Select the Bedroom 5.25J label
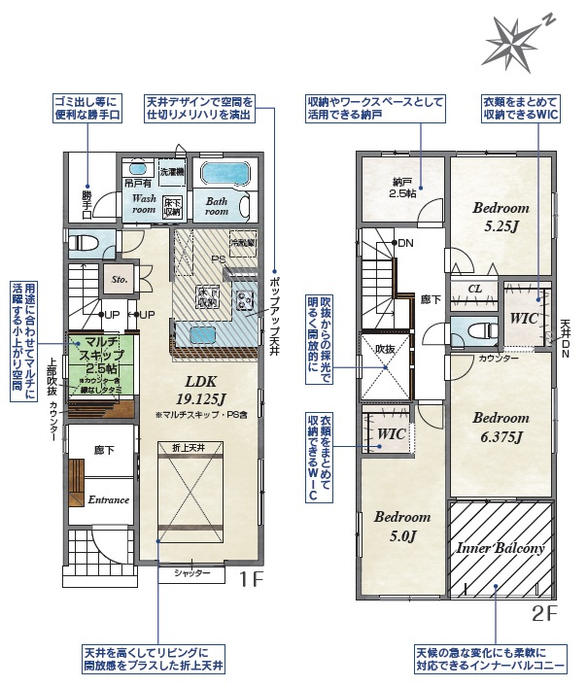501,216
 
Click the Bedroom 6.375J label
501,427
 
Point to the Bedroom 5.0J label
401,526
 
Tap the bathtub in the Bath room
224,174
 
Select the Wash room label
144,203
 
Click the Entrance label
108,499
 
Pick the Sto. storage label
120,279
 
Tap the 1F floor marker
252,580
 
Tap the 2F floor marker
543,613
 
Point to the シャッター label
192,574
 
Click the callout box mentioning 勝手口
87,107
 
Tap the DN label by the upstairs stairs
404,243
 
